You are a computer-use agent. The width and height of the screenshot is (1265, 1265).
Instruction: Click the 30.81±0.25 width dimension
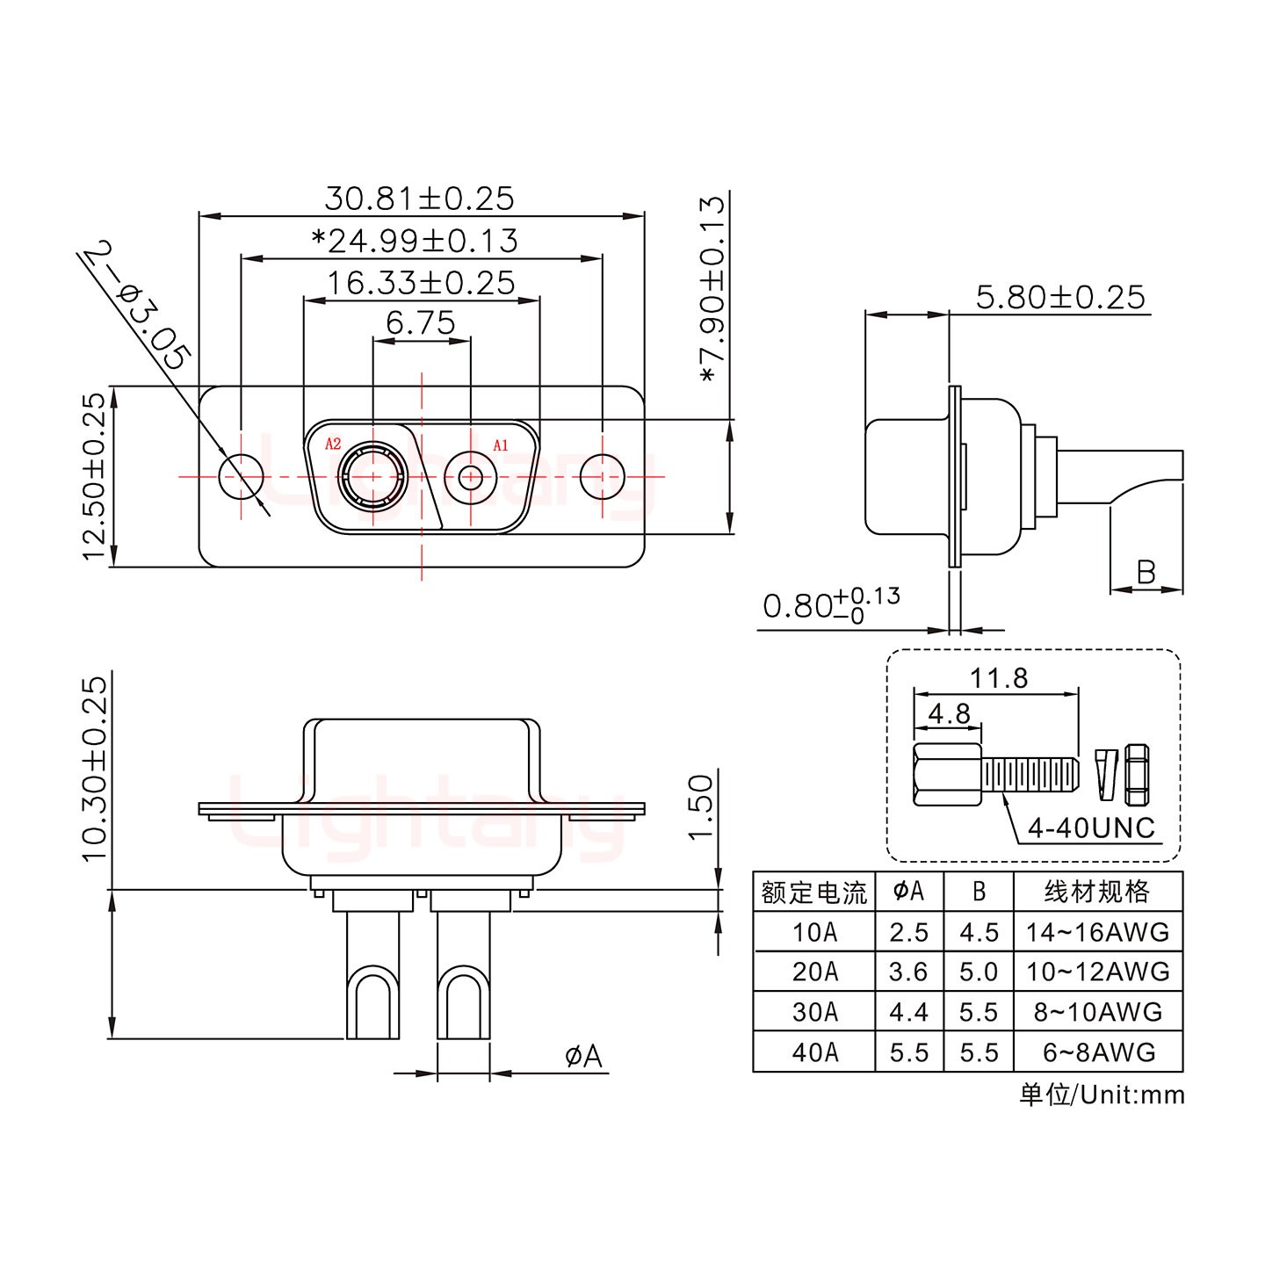419,198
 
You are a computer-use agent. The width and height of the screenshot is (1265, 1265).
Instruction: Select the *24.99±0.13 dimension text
415,240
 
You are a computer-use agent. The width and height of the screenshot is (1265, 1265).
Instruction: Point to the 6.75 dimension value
421,323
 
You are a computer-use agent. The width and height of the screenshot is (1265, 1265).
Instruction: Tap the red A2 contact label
333,445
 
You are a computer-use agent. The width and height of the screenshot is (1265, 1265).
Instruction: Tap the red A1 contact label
500,445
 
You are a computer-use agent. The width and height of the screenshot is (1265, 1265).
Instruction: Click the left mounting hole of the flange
241,477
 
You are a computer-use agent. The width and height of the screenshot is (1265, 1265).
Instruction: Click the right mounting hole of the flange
603,477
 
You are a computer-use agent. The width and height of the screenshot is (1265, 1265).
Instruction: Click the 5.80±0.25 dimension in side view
1060,297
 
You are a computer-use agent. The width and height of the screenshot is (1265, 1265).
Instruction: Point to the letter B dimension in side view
1146,573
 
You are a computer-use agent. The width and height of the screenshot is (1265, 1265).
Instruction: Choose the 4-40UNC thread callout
1091,828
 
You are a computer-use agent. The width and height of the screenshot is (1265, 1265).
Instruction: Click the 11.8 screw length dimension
999,677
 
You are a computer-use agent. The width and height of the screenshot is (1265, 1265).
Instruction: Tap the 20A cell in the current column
814,972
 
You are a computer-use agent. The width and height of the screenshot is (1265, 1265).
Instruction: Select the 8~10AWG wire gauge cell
1097,1012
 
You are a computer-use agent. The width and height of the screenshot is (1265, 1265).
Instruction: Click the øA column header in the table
908,892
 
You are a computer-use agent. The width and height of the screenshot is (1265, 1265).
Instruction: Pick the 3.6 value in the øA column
908,972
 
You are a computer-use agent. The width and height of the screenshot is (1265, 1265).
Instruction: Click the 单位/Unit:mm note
1102,1095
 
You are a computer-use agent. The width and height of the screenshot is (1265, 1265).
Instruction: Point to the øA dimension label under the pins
583,1056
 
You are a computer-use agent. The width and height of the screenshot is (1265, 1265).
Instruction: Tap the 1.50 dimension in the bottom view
700,806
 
